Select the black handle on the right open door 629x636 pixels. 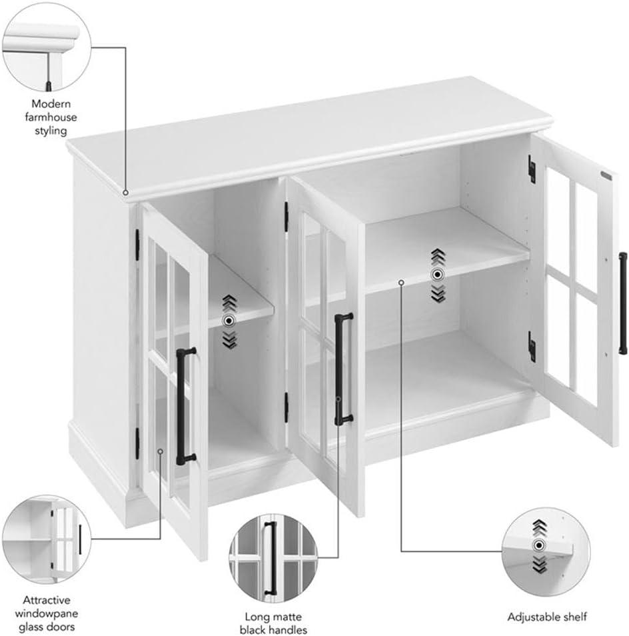[622, 303]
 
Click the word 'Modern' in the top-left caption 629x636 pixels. [51, 104]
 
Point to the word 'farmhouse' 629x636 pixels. [51, 117]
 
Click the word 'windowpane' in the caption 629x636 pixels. [47, 613]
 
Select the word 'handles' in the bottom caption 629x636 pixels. [286, 630]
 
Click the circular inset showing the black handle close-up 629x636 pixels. [273, 559]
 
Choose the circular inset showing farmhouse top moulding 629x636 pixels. [47, 47]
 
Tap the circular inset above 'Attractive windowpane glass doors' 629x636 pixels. [47, 539]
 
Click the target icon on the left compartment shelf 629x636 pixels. [229, 321]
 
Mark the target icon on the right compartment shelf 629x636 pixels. [437, 275]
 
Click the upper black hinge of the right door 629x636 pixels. [532, 168]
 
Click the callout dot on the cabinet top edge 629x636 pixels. [126, 193]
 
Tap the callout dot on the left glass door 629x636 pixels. [161, 451]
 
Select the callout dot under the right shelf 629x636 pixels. [401, 282]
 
